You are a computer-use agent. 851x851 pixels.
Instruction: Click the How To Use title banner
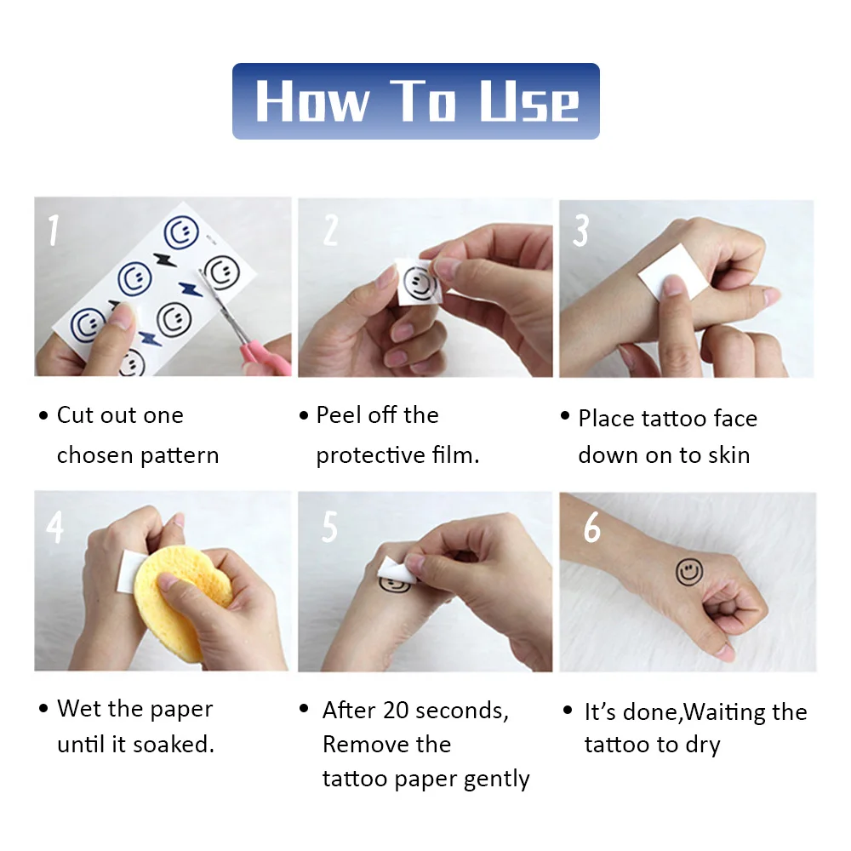pos(416,101)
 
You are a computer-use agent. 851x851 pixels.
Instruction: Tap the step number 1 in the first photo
pos(53,230)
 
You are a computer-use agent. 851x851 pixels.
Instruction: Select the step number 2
pos(330,230)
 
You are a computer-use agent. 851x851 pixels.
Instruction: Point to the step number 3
pos(580,230)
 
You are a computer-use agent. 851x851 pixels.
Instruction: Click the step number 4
pos(54,527)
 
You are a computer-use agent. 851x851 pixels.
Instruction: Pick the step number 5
pos(329,527)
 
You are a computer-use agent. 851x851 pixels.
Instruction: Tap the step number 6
pos(591,527)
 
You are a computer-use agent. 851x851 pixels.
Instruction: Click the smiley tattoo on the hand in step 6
pos(689,572)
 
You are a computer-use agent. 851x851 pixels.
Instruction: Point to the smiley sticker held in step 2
pos(419,282)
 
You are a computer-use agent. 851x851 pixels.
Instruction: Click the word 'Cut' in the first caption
pos(76,415)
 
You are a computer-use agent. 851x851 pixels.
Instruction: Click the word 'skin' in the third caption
pos(728,454)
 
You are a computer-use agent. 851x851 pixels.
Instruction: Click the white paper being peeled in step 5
pos(395,571)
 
